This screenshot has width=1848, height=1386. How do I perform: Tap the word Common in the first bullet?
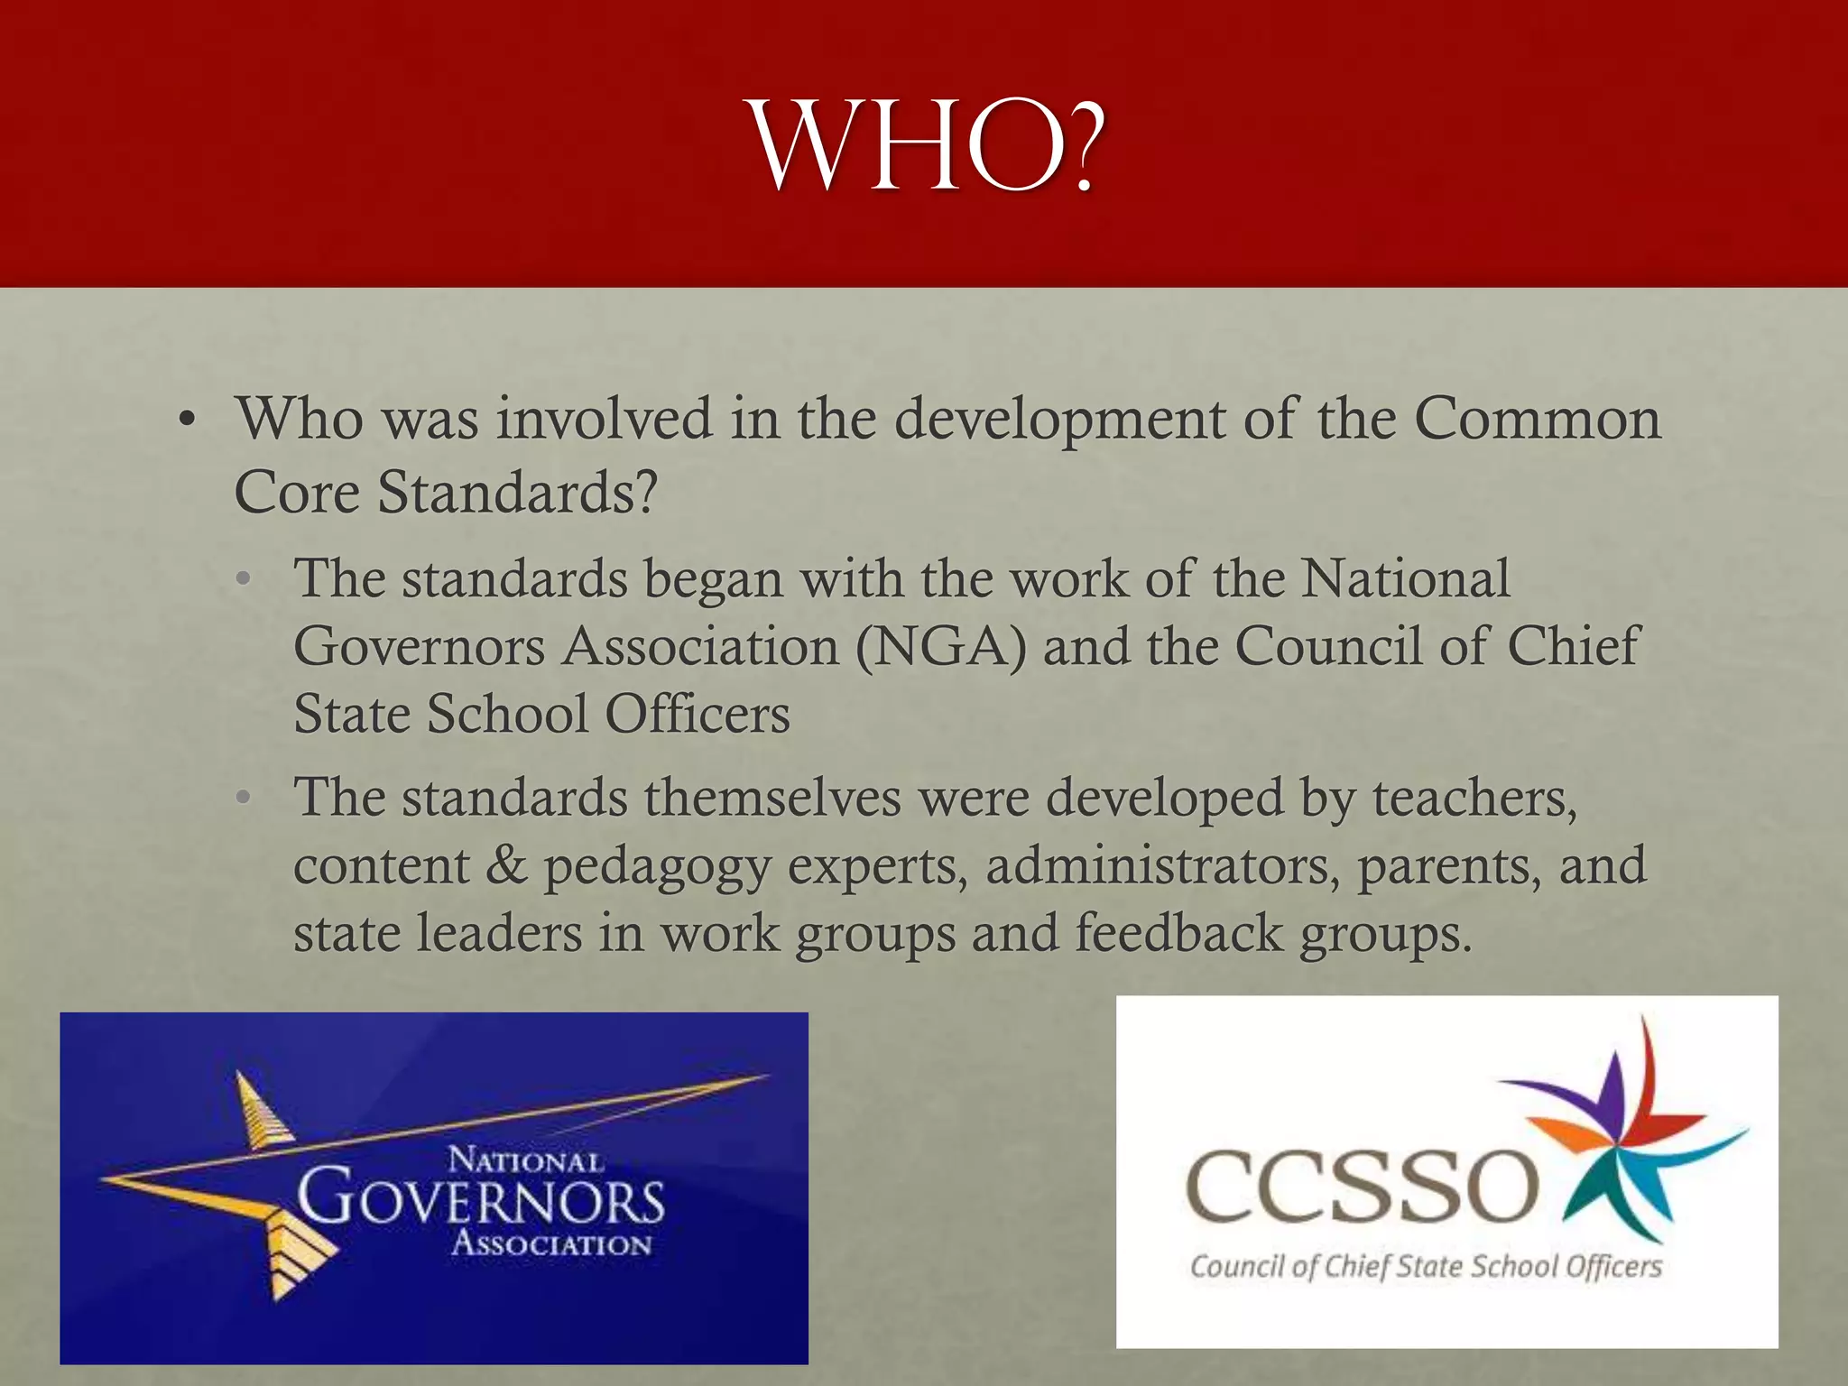point(1537,419)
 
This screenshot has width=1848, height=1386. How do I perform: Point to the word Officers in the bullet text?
point(697,715)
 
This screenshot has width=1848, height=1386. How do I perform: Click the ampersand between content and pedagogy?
point(506,865)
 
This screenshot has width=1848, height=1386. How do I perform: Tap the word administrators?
point(1158,865)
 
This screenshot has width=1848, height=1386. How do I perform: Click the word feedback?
point(1178,933)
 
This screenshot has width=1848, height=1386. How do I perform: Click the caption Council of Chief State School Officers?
point(1426,1267)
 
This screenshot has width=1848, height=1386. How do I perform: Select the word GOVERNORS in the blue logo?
point(481,1199)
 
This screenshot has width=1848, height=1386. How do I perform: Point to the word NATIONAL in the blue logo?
point(526,1160)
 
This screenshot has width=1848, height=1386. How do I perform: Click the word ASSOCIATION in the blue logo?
point(551,1244)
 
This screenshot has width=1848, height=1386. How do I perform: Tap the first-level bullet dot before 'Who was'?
point(187,420)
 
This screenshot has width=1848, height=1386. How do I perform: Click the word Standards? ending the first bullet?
point(517,494)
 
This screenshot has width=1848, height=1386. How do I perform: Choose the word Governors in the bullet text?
point(420,647)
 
